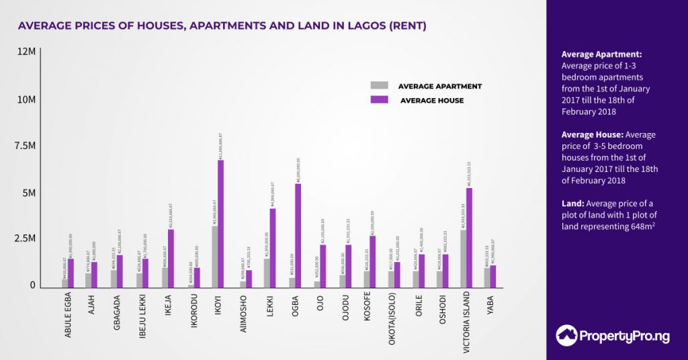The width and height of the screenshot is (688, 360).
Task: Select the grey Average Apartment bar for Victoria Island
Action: tap(464, 259)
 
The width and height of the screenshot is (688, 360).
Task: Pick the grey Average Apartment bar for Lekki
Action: tap(267, 273)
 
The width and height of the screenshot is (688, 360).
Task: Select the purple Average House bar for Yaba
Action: tap(492, 276)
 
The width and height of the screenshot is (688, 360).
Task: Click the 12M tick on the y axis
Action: tap(27, 52)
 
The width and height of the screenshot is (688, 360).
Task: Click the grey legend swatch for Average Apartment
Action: tap(380, 85)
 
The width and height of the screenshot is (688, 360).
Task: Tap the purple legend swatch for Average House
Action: tap(380, 99)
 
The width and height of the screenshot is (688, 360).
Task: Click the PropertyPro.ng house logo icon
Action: tap(567, 335)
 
